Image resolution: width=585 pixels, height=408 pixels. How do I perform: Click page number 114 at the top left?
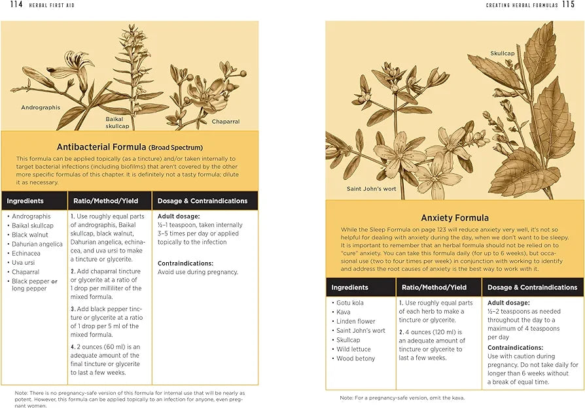click(x=16, y=5)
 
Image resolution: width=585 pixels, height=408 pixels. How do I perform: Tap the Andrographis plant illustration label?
click(x=41, y=107)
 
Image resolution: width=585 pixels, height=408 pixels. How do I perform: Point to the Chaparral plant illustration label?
click(x=225, y=122)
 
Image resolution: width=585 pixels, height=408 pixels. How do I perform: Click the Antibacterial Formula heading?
click(x=130, y=147)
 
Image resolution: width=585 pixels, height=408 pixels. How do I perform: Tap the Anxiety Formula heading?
click(x=454, y=218)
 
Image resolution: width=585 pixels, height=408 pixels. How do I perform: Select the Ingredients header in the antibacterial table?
click(x=25, y=201)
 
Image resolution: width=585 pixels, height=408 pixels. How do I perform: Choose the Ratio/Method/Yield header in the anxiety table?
click(x=434, y=287)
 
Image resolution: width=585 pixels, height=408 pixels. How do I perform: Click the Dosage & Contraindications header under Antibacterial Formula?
click(x=202, y=201)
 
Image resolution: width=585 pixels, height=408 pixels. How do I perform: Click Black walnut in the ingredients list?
click(x=29, y=235)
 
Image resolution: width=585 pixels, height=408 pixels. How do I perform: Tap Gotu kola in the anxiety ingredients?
click(x=349, y=303)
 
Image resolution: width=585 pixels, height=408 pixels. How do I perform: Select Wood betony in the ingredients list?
click(x=355, y=358)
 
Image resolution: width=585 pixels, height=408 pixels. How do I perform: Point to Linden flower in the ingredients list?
click(x=355, y=322)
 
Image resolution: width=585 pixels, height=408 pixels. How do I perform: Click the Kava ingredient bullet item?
click(x=344, y=313)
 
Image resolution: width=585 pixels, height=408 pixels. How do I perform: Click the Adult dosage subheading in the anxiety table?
click(x=508, y=303)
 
